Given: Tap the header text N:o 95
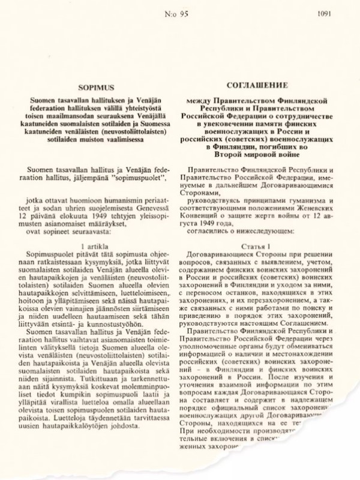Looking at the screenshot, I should click(x=179, y=11).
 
